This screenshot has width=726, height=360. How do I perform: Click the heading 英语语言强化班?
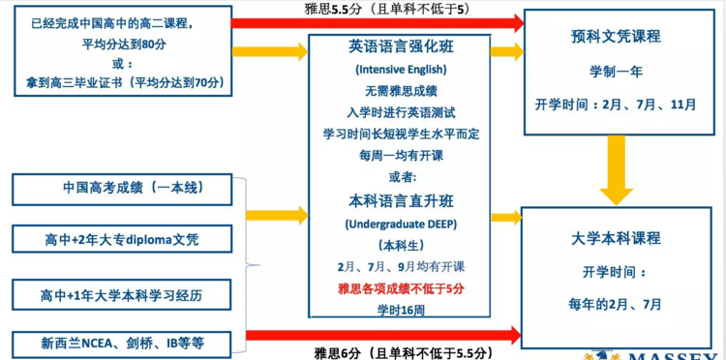pos(401,46)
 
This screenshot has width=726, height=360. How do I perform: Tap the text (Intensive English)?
pos(401,70)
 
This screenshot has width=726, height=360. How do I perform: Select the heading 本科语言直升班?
pos(401,201)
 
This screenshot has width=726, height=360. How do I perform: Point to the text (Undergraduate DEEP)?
pos(401,224)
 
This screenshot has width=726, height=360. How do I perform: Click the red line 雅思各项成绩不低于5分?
pos(401,288)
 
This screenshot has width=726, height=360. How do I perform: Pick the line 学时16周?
pos(401,310)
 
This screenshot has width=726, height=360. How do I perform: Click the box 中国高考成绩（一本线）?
pos(125,188)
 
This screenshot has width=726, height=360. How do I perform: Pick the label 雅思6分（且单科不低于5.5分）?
pos(404,352)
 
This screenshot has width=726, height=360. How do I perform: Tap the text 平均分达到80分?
pos(125,44)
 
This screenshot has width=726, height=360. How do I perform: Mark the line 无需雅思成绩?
pos(401,91)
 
